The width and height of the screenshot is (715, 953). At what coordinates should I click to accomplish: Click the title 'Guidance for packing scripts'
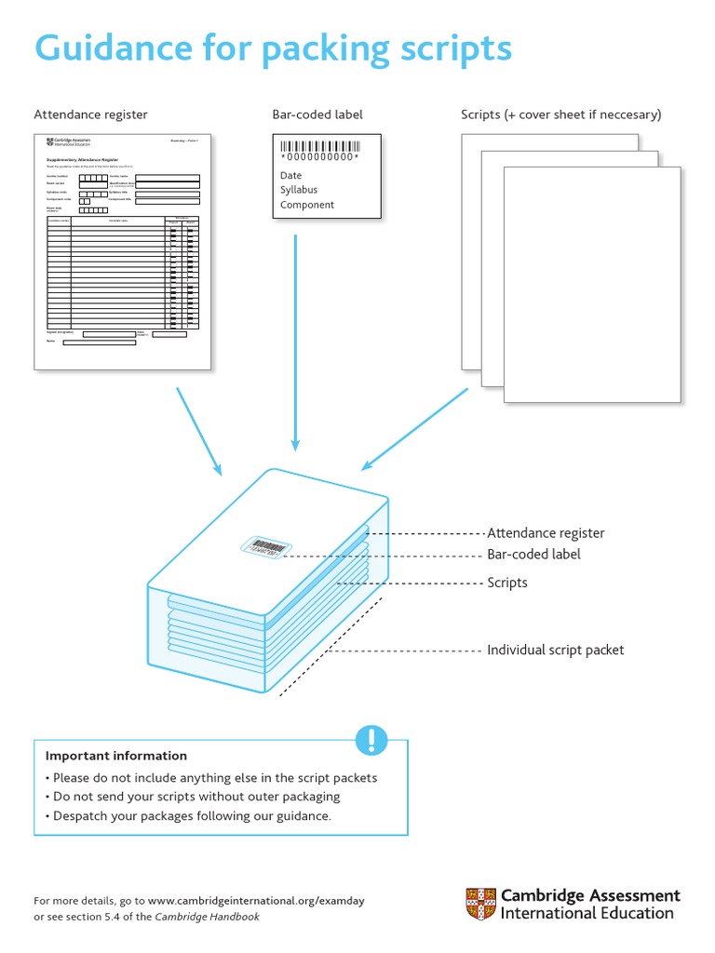tap(273, 48)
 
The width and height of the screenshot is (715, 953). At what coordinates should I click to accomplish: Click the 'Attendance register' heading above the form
tap(90, 114)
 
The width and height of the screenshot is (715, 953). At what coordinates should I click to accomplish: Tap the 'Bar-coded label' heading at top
tap(317, 114)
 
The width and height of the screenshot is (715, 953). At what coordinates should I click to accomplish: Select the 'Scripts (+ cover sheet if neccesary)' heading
tap(560, 114)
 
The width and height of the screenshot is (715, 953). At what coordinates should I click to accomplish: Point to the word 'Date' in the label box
tap(291, 175)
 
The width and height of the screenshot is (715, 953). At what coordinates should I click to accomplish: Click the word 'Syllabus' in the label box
tap(299, 190)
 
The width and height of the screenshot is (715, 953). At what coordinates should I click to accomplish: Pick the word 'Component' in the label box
tap(307, 205)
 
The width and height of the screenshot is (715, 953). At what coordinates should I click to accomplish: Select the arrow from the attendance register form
tap(199, 430)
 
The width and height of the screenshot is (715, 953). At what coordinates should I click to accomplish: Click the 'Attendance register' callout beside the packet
tap(546, 533)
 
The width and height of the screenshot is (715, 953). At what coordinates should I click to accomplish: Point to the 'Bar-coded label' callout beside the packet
tap(533, 555)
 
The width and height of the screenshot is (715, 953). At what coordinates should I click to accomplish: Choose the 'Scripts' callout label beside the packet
tap(507, 583)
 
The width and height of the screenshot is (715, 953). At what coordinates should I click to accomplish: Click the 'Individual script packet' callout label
tap(555, 650)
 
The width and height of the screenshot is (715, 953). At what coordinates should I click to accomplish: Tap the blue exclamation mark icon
tap(371, 740)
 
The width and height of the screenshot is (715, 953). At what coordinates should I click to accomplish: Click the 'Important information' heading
tap(116, 756)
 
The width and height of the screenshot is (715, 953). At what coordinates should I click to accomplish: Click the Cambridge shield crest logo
tap(481, 904)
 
